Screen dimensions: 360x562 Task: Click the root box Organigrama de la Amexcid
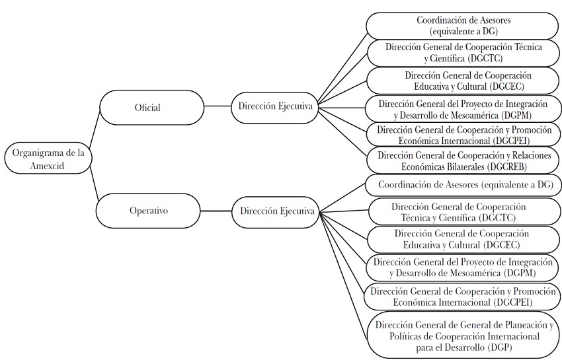click(x=48, y=159)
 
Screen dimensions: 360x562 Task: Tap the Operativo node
click(x=148, y=211)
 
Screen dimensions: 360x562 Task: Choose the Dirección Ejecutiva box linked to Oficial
click(x=273, y=106)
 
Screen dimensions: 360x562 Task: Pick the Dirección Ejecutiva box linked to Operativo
click(x=273, y=211)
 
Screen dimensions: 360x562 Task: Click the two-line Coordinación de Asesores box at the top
click(x=462, y=26)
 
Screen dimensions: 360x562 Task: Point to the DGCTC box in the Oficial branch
click(x=462, y=53)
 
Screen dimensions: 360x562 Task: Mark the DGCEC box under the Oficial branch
click(x=462, y=81)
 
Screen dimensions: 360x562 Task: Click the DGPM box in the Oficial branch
click(x=462, y=108)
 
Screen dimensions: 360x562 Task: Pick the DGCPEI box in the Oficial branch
click(x=462, y=135)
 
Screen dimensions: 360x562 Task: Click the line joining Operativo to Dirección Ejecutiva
click(x=216, y=211)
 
